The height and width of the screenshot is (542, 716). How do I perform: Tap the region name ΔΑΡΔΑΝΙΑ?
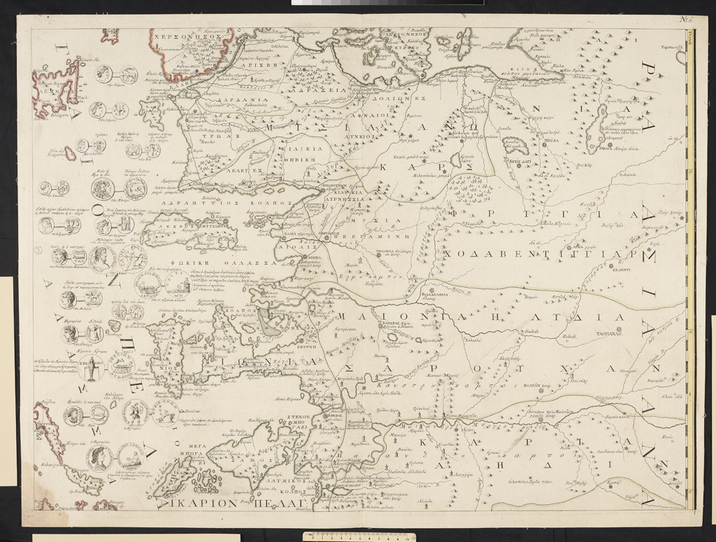[x=207, y=100]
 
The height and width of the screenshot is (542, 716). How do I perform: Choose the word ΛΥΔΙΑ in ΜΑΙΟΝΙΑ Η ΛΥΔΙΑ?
[x=587, y=317]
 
